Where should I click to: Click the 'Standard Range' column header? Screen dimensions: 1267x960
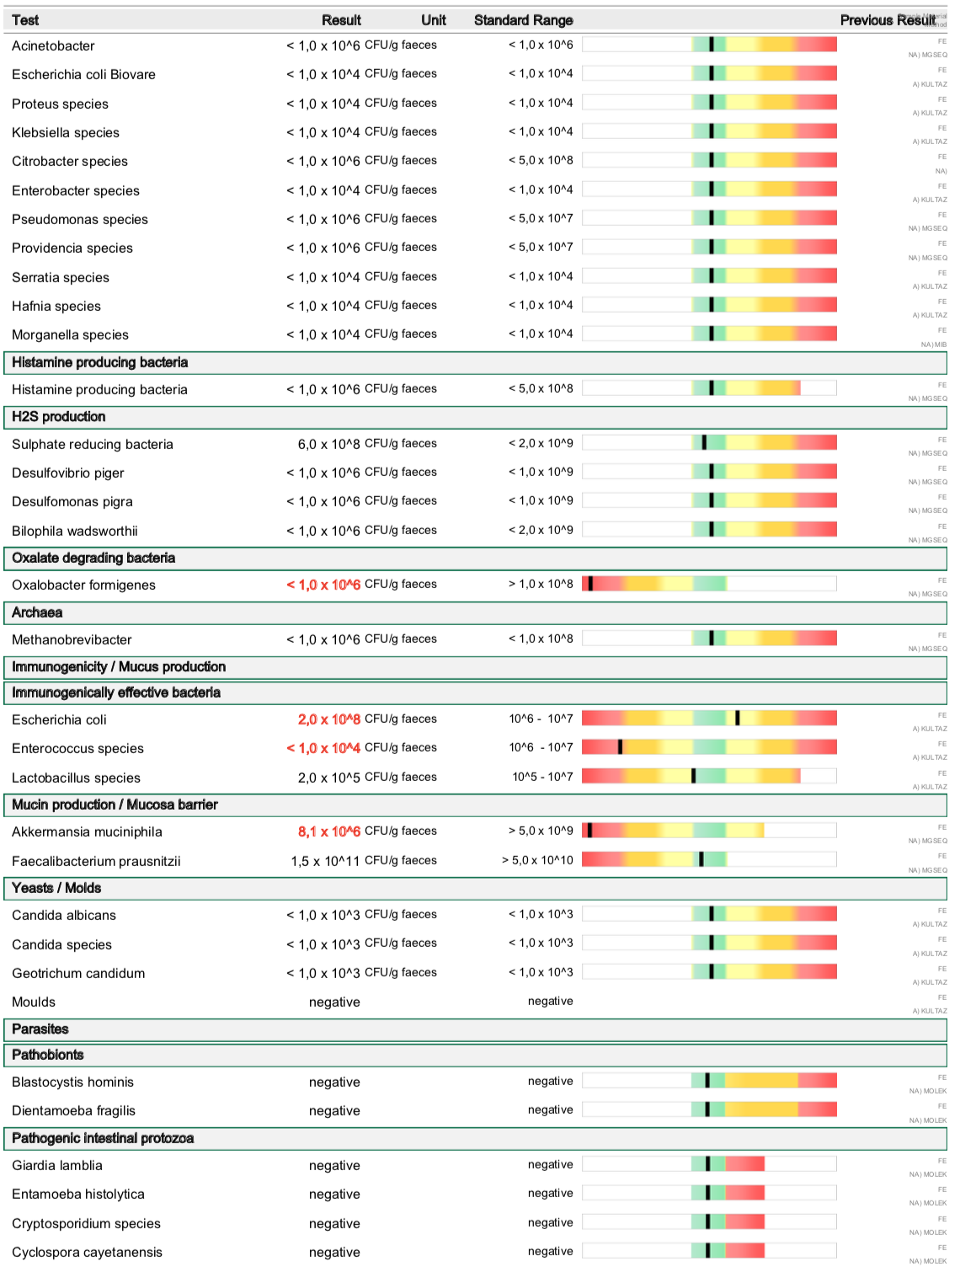[523, 20]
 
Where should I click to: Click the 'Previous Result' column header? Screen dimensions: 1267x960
[887, 20]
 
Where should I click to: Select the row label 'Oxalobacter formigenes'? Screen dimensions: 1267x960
[83, 585]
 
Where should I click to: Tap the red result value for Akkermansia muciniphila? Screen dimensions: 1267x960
[328, 831]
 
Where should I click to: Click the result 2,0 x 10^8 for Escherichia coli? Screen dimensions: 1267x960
[328, 719]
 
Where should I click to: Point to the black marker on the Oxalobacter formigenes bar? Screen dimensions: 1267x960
[590, 583]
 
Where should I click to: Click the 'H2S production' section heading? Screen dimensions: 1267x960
[59, 417]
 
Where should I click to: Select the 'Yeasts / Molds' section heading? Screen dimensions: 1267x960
[56, 888]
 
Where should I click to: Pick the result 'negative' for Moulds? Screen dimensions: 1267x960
[334, 1002]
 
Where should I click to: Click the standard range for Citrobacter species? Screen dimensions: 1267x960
[541, 160]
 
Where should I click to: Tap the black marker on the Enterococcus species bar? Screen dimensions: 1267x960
[620, 746]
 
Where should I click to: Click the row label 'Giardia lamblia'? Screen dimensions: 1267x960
[57, 1165]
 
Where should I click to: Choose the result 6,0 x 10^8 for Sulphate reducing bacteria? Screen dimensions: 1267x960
[328, 444]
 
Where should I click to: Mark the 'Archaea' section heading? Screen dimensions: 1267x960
[37, 612]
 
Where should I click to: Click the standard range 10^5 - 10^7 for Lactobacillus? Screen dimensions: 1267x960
[542, 777]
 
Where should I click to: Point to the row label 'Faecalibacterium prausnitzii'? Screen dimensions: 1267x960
[96, 861]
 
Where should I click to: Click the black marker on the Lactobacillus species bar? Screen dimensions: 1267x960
[693, 776]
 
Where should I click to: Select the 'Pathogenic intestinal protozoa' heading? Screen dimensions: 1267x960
[103, 1138]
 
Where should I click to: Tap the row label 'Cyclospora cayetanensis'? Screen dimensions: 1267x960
[87, 1252]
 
